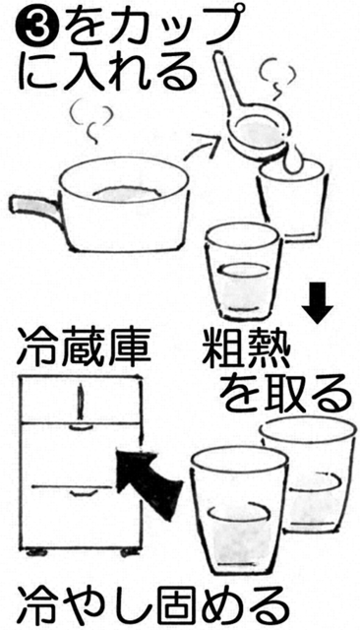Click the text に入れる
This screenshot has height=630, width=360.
(108, 72)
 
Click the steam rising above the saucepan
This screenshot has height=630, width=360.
(90, 121)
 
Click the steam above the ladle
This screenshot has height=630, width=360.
(277, 79)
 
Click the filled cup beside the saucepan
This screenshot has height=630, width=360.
(241, 273)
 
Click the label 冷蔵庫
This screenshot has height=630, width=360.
(85, 347)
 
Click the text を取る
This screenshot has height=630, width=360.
(286, 394)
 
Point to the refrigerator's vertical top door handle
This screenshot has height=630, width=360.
(81, 401)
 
